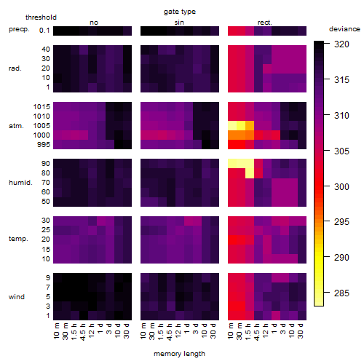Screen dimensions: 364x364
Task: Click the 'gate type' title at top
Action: click(180, 12)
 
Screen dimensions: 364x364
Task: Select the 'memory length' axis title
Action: click(179, 354)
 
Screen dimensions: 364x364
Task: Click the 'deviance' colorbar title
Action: click(344, 29)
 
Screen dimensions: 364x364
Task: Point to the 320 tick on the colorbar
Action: click(327, 44)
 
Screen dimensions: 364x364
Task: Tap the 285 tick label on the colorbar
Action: click(341, 293)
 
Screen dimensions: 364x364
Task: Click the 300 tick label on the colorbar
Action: click(341, 186)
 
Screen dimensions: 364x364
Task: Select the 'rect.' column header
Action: click(264, 23)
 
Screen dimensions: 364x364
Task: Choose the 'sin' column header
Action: click(179, 23)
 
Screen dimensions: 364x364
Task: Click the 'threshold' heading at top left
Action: click(41, 17)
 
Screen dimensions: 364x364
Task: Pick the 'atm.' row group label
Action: click(16, 126)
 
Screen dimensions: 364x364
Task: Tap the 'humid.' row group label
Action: click(20, 183)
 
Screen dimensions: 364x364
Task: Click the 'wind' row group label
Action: click(17, 297)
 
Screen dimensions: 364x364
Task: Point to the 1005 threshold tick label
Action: click(41, 126)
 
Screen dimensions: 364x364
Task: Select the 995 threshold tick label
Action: click(44, 145)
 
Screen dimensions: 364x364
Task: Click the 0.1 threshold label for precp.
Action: click(44, 31)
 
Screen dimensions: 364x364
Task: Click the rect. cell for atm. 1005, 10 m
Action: click(232, 125)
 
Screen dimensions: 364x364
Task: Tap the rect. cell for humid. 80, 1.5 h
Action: click(250, 173)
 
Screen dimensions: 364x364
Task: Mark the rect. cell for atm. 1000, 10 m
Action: click(232, 135)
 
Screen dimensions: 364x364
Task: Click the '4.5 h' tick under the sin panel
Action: click(170, 331)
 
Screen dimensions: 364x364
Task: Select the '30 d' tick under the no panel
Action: click(127, 331)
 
